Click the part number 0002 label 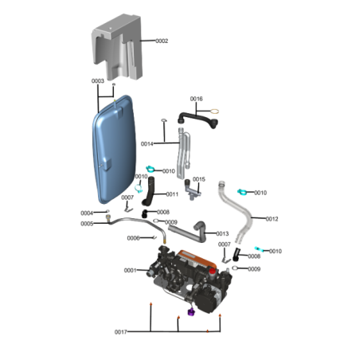(162, 41)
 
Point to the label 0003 (97, 82)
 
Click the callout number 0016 (196, 99)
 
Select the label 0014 (147, 144)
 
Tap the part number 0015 (198, 179)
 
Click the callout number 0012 (272, 218)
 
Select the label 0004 (87, 213)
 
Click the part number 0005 (87, 224)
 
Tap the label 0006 (134, 238)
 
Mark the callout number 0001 (131, 271)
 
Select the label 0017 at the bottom (121, 331)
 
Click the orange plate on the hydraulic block (196, 260)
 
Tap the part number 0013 (222, 233)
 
